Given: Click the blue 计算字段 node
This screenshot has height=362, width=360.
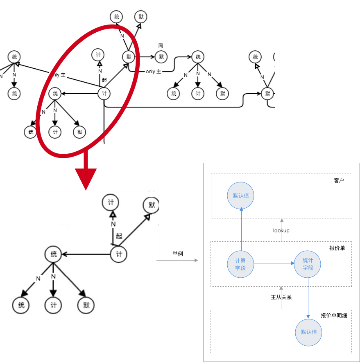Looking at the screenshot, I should (x=240, y=264).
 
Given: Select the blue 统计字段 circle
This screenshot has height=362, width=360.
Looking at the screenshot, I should (x=308, y=264).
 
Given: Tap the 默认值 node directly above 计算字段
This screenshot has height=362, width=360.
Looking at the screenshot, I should (x=241, y=196).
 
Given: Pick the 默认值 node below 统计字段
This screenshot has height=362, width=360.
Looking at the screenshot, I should (x=309, y=332).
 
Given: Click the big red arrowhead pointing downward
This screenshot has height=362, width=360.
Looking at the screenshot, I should (x=86, y=178).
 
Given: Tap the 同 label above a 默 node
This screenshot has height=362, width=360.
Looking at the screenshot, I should (x=161, y=46).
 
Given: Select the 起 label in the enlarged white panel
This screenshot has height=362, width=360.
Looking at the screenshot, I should (x=119, y=236).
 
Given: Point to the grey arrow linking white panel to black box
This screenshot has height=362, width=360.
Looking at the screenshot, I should (x=178, y=260).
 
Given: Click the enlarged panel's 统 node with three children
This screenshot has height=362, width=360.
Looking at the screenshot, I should (x=53, y=254).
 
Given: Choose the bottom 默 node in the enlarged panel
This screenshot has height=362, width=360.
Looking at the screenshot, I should (x=86, y=305).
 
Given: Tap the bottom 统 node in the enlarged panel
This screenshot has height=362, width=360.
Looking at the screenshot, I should (x=21, y=305).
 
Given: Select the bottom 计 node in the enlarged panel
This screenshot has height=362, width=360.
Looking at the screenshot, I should (x=53, y=305).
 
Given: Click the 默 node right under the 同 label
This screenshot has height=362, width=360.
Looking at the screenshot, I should (x=161, y=57).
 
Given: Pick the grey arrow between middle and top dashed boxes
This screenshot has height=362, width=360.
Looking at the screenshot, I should (x=282, y=229).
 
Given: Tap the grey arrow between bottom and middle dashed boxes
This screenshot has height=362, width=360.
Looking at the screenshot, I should (x=281, y=297).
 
